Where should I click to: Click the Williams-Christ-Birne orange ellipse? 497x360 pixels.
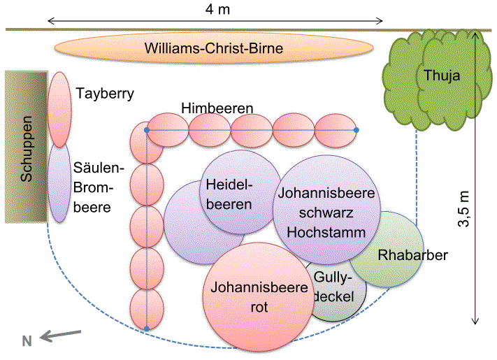click(216, 48)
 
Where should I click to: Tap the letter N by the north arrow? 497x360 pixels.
click(27, 341)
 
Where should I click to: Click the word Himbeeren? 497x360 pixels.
click(217, 108)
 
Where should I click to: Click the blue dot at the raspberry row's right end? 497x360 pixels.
click(356, 130)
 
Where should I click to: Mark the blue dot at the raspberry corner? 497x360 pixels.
click(146, 131)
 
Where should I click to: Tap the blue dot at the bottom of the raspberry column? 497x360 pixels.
click(147, 328)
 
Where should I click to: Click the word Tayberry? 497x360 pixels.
click(105, 92)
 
